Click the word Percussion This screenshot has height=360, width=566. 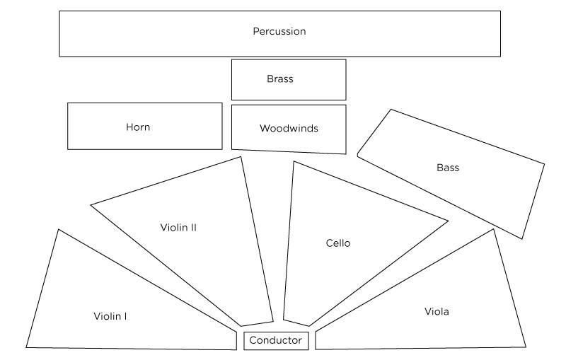[x=279, y=32]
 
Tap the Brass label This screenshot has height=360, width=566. [x=279, y=79]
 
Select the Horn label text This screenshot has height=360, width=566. [x=138, y=127]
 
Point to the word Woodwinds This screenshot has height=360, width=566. [x=289, y=129]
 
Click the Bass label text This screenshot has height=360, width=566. [x=448, y=168]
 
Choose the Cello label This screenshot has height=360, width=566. [x=338, y=243]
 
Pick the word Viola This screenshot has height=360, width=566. [x=437, y=311]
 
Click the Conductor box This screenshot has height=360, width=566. [x=276, y=341]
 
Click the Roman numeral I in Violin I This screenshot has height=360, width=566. [x=125, y=316]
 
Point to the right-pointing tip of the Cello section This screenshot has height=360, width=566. [x=448, y=221]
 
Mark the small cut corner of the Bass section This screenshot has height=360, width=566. [x=358, y=153]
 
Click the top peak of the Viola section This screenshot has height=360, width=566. [x=493, y=229]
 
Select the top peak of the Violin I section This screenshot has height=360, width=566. [x=58, y=229]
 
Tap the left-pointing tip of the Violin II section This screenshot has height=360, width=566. [x=91, y=205]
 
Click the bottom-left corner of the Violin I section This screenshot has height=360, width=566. [x=26, y=347]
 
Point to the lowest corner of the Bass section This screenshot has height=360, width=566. [x=523, y=239]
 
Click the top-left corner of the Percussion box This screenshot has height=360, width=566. [x=59, y=11]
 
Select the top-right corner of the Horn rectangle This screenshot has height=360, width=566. [x=222, y=103]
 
